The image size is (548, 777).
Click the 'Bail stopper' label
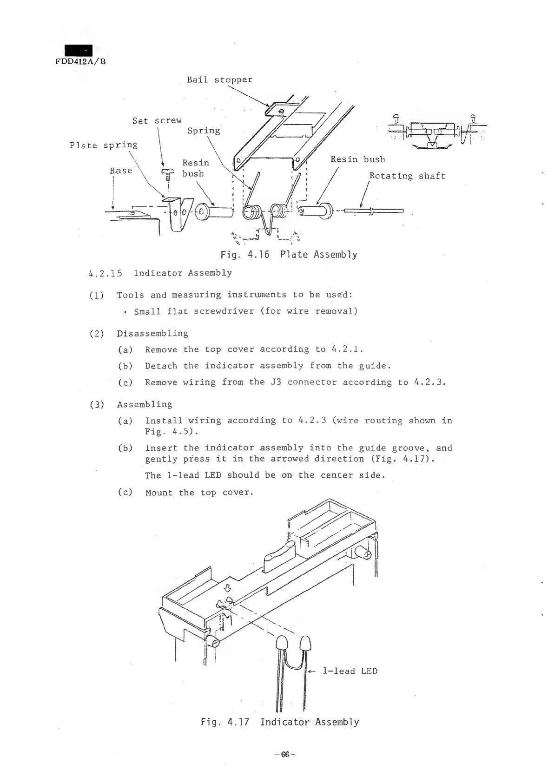(x=219, y=79)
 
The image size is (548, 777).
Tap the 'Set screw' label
(x=157, y=121)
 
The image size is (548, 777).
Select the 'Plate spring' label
(x=103, y=145)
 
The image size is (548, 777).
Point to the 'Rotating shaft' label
(x=407, y=176)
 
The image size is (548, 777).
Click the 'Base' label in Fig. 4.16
(x=121, y=171)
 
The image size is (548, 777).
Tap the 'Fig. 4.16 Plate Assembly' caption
(x=289, y=255)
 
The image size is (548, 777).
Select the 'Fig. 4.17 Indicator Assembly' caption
(x=280, y=722)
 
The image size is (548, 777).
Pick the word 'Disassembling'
(x=152, y=334)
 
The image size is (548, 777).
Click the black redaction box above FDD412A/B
(x=79, y=50)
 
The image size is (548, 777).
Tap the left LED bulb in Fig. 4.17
(x=282, y=644)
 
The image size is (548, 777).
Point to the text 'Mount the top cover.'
(x=199, y=493)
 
